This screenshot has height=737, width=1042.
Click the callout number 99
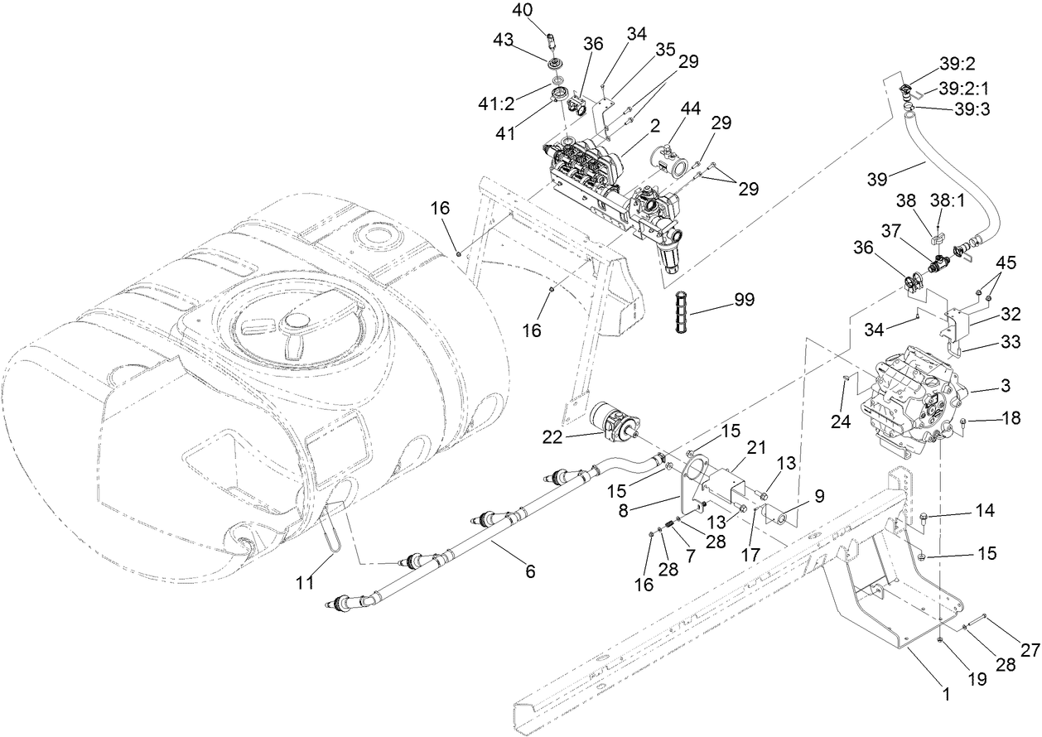pos(743,300)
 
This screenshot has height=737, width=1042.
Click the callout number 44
pos(691,108)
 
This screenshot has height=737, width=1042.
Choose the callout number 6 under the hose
pos(530,571)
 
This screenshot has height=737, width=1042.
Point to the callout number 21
pos(755,447)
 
